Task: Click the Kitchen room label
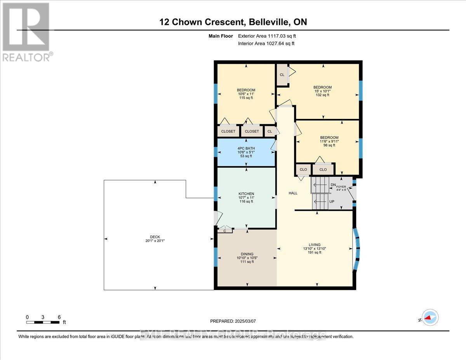pyautogui.click(x=246, y=194)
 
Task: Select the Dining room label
pyautogui.click(x=247, y=254)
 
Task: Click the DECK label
pyautogui.click(x=155, y=237)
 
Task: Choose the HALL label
pyautogui.click(x=293, y=193)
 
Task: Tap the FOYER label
pyautogui.click(x=341, y=187)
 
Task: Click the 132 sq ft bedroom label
pyautogui.click(x=322, y=87)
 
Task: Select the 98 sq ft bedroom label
pyautogui.click(x=329, y=137)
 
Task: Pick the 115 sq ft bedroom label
pyautogui.click(x=246, y=90)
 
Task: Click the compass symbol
pyautogui.click(x=429, y=318)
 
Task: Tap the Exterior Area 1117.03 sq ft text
pyautogui.click(x=270, y=36)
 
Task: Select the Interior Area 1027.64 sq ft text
pyautogui.click(x=266, y=43)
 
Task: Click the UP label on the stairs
pyautogui.click(x=332, y=202)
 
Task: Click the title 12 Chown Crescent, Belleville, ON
pyautogui.click(x=233, y=22)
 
